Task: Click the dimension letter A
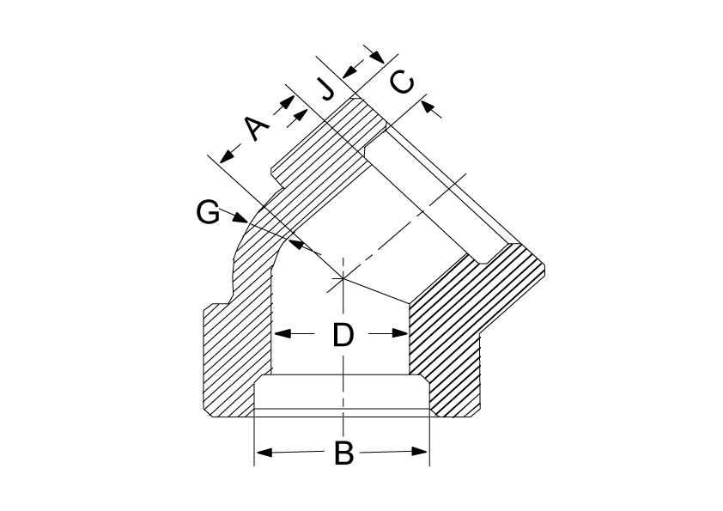pos(257,128)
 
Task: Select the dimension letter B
pos(343,453)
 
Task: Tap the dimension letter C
pos(402,82)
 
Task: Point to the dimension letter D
pos(343,335)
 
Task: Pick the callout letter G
pos(208,213)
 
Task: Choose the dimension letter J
pos(328,89)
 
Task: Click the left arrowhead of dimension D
pos(283,333)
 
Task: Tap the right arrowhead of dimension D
pos(399,333)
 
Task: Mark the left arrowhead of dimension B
pos(264,453)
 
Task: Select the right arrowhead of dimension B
pos(420,452)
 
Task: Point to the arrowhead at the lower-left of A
pos(227,156)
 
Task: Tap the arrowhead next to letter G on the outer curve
pos(240,217)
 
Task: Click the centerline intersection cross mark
pos(343,278)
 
